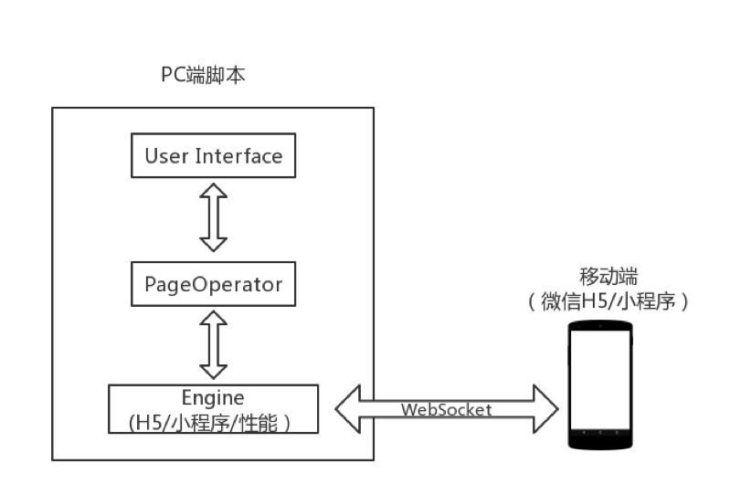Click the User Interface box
(213, 155)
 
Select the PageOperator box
(213, 284)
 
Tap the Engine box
(213, 409)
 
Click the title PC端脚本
(203, 76)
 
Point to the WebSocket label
(447, 410)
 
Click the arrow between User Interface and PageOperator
(213, 216)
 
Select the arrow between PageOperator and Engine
(213, 344)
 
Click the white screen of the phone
(599, 383)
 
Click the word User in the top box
(165, 155)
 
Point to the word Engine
(213, 398)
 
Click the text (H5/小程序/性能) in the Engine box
(213, 422)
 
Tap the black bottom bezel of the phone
(599, 441)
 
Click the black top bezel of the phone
(599, 327)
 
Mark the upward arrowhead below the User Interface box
(213, 189)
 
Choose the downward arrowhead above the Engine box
(213, 370)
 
